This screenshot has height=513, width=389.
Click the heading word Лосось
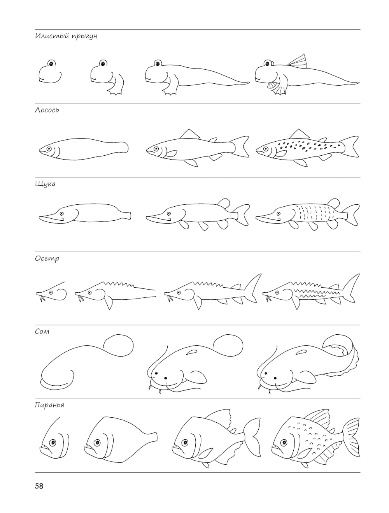coord(47,110)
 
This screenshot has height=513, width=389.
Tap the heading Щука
coord(45,184)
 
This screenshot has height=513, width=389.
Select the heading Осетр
coord(47,258)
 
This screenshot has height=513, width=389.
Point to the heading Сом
coord(42,331)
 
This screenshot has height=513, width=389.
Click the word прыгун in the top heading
coord(84,37)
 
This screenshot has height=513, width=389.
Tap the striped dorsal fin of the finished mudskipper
coord(297,61)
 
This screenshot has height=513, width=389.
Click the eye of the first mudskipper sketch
coord(51,63)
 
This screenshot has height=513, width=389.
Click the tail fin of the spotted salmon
coord(350,146)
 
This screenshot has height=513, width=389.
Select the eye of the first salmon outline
coord(49,148)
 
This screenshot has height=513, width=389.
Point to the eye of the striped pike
coord(278,213)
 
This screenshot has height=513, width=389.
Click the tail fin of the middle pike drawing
coord(242,214)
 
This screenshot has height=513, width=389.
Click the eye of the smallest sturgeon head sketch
coord(51,292)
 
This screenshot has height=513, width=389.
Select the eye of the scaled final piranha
coord(284,442)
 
